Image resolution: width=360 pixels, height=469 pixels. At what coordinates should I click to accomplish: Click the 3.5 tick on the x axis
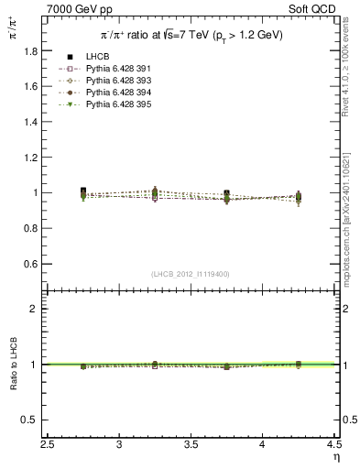click(x=191, y=446)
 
